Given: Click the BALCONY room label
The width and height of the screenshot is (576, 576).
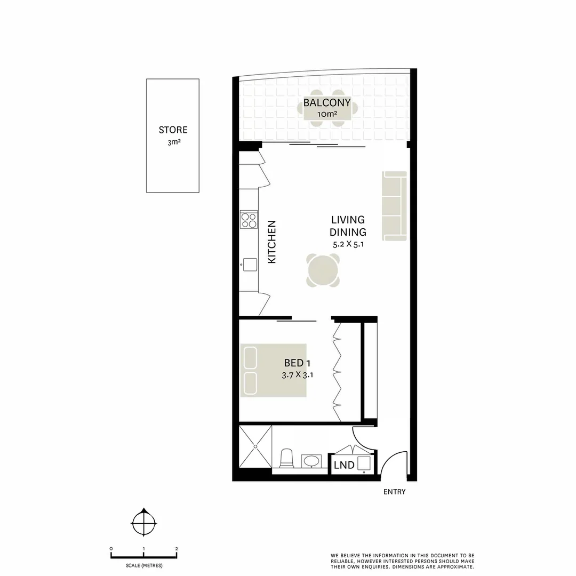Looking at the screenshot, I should click(x=326, y=103).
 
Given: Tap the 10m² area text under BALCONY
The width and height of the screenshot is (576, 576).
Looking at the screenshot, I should click(x=326, y=115).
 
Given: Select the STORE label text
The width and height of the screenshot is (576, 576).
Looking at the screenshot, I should click(x=173, y=130).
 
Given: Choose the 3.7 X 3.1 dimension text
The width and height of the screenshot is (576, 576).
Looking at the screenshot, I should click(x=297, y=375).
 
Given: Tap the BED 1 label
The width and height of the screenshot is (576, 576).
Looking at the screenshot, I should click(x=297, y=363).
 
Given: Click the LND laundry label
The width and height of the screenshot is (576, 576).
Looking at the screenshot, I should click(x=344, y=465).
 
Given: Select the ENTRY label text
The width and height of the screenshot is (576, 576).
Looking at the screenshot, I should click(x=394, y=492).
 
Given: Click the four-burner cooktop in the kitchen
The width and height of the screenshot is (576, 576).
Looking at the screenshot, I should click(x=248, y=220).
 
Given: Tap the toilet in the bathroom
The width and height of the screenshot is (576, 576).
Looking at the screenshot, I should click(x=286, y=458).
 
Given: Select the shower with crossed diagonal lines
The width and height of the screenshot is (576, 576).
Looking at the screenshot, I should click(x=255, y=447).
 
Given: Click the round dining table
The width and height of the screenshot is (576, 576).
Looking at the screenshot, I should click(x=323, y=270).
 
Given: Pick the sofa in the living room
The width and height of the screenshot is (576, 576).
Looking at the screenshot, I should click(x=395, y=205).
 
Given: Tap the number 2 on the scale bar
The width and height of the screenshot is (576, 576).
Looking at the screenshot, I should click(x=177, y=549).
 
